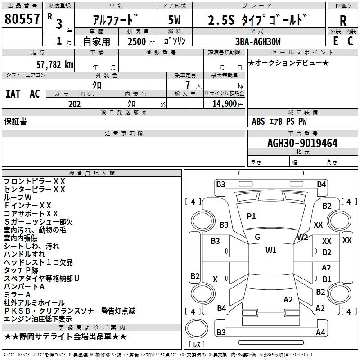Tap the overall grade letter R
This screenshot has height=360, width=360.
point(343,21)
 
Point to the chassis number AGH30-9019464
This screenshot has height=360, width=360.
point(302,143)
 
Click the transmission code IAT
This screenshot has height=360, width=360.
point(13,94)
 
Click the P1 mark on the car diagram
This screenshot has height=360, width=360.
point(251,216)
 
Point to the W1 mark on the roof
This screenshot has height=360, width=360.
point(271,251)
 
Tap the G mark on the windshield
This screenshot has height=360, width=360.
point(257,237)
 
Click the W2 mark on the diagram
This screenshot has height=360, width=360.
point(302,237)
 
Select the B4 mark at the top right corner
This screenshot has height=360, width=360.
point(321,184)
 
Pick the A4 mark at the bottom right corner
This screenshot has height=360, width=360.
point(320,333)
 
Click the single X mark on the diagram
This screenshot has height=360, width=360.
point(215,279)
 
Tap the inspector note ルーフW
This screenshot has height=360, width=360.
point(18,197)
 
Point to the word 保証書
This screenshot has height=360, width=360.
point(15,121)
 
